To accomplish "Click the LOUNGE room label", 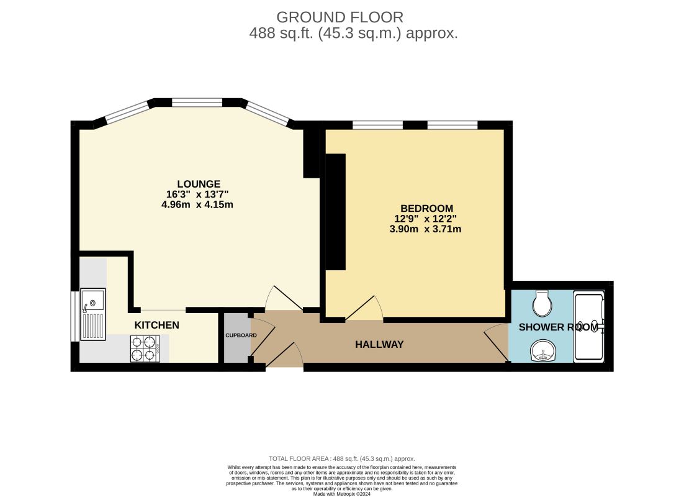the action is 199,184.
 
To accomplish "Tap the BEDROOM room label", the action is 426,208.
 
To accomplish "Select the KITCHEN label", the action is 156,325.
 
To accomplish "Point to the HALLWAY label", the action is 379,345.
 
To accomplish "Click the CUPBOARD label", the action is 241,335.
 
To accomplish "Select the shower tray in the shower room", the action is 589,326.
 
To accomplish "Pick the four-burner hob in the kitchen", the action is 145,349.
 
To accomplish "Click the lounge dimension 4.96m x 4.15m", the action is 197,204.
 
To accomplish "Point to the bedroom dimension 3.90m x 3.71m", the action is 425,229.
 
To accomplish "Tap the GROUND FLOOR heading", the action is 340,17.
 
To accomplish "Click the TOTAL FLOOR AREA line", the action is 341,458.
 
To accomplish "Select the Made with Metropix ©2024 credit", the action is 342,494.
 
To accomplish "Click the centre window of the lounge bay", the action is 197,103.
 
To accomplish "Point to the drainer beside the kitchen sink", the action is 92,325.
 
